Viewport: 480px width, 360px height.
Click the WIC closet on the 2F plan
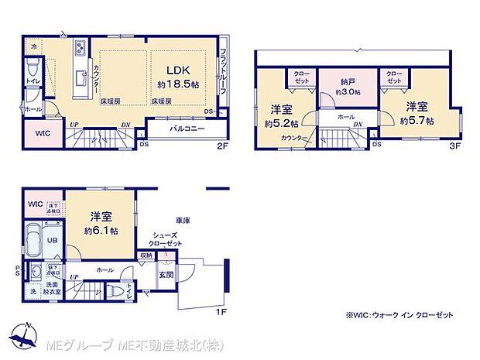tap(43, 132)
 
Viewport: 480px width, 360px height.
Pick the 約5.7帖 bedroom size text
tap(417, 122)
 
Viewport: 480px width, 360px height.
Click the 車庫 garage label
tap(183, 221)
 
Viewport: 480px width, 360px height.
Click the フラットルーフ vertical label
tap(224, 66)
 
